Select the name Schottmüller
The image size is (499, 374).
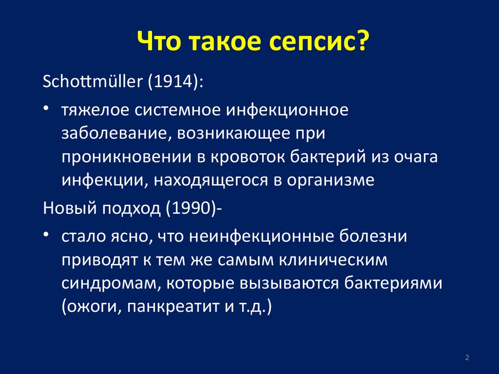pos(93,81)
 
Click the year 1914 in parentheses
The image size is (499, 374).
pos(174,82)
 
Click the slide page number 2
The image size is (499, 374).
pos(467,357)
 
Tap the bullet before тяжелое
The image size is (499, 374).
pos(46,109)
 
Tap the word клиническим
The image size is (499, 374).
pos(333,260)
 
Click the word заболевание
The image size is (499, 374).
pos(114,134)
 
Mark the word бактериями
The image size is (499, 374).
pos(393,283)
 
